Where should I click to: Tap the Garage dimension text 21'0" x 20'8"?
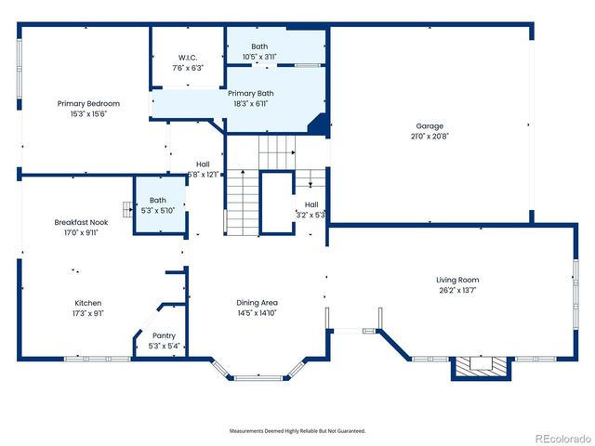(x=430, y=136)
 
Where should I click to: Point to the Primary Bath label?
(x=251, y=93)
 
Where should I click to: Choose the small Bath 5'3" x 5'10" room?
(x=158, y=205)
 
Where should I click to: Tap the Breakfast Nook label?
(x=81, y=222)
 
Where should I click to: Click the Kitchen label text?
(x=88, y=303)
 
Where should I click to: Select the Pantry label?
(x=164, y=335)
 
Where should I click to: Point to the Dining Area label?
(x=257, y=303)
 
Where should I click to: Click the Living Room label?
(x=457, y=280)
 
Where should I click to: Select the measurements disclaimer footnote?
(x=297, y=431)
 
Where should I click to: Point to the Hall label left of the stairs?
(x=202, y=164)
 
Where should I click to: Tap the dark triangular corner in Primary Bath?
(x=318, y=124)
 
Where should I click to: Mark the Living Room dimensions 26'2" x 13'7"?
(x=457, y=290)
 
